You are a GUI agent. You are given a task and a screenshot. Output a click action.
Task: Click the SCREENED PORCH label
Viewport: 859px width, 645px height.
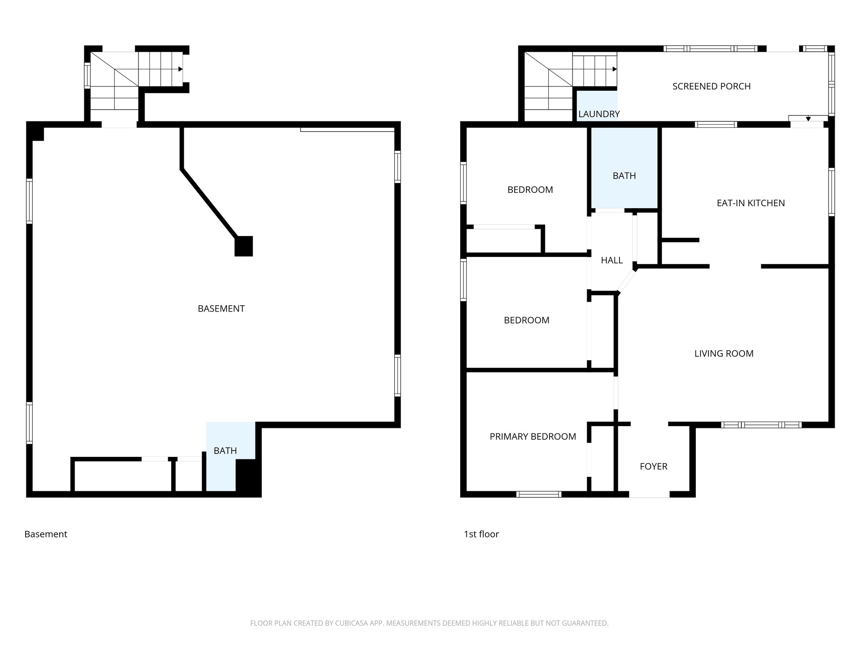pyautogui.click(x=711, y=87)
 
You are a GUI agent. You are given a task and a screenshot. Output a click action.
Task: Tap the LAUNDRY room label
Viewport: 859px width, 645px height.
pyautogui.click(x=599, y=114)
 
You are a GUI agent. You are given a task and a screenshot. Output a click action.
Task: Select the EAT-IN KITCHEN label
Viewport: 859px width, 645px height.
pyautogui.click(x=750, y=203)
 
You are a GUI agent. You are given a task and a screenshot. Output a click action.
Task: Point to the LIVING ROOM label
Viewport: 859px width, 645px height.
pyautogui.click(x=724, y=354)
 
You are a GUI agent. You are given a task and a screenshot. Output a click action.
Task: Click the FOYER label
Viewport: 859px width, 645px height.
pyautogui.click(x=653, y=466)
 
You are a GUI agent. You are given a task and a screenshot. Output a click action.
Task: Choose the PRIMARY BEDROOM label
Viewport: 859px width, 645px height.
pyautogui.click(x=533, y=437)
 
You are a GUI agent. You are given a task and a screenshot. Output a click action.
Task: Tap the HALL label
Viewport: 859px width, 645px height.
pyautogui.click(x=612, y=260)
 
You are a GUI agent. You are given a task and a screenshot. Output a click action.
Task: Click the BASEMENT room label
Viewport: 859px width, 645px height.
pyautogui.click(x=221, y=309)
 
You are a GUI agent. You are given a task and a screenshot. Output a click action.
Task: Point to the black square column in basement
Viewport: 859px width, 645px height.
pyautogui.click(x=243, y=246)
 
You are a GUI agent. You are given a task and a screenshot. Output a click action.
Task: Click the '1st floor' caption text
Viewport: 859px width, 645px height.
pyautogui.click(x=481, y=534)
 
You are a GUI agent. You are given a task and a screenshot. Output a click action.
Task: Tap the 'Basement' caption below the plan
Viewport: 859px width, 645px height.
pyautogui.click(x=46, y=534)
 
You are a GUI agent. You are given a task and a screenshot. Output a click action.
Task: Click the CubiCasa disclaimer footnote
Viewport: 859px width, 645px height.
pyautogui.click(x=429, y=623)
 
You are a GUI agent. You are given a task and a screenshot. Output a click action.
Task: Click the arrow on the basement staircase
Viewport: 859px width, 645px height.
pyautogui.click(x=180, y=69)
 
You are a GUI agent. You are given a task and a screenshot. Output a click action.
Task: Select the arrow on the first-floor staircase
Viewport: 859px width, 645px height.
pyautogui.click(x=614, y=69)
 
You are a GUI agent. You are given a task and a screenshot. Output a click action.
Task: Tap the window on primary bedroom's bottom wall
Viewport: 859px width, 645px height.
pyautogui.click(x=539, y=494)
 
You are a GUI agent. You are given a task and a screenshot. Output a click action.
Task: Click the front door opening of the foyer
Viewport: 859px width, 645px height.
pyautogui.click(x=649, y=495)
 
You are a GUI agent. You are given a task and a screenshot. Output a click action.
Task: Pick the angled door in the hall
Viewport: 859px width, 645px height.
pyautogui.click(x=627, y=281)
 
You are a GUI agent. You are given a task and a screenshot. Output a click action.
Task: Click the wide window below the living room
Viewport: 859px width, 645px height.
pyautogui.click(x=761, y=425)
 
